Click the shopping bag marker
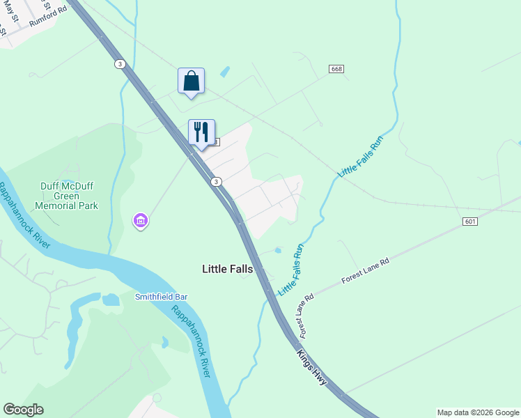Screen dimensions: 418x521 click(x=191, y=81)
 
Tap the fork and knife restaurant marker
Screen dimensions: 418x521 click(x=201, y=132)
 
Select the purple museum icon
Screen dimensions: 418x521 click(x=140, y=221)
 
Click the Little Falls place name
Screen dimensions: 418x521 click(x=227, y=268)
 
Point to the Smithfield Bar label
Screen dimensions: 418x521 click(x=161, y=297)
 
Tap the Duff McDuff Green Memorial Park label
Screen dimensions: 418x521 click(x=68, y=196)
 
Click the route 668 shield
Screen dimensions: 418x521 click(x=337, y=69)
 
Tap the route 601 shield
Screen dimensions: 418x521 click(x=469, y=222)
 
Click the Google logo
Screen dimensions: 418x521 click(x=23, y=410)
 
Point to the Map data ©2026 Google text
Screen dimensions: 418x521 click(x=478, y=412)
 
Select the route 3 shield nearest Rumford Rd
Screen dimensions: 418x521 click(x=120, y=63)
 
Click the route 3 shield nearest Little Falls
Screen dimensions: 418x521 click(x=217, y=182)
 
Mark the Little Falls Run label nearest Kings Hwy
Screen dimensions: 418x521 click(x=292, y=268)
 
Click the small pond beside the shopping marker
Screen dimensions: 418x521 click(x=224, y=72)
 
